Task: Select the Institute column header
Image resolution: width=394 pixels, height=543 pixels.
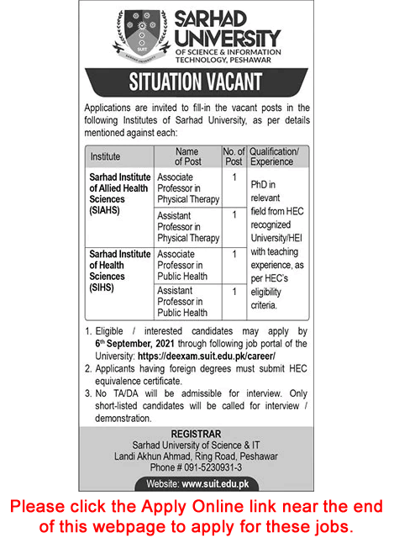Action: (x=105, y=156)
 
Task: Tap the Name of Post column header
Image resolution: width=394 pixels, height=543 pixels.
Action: (x=186, y=156)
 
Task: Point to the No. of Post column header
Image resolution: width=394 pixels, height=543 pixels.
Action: (x=233, y=156)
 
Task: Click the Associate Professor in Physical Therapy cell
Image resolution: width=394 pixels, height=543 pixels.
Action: (x=187, y=188)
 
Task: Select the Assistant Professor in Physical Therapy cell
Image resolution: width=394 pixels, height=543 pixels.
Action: (x=187, y=227)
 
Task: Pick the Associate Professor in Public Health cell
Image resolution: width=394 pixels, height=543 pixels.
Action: (x=186, y=265)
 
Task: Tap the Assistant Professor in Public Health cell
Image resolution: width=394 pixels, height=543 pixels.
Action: (x=186, y=302)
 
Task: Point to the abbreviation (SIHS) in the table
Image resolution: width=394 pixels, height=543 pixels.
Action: (x=102, y=287)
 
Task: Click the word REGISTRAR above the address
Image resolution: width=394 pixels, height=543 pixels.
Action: (x=197, y=435)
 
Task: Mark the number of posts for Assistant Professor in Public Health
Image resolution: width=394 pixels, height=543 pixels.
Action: (x=234, y=291)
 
